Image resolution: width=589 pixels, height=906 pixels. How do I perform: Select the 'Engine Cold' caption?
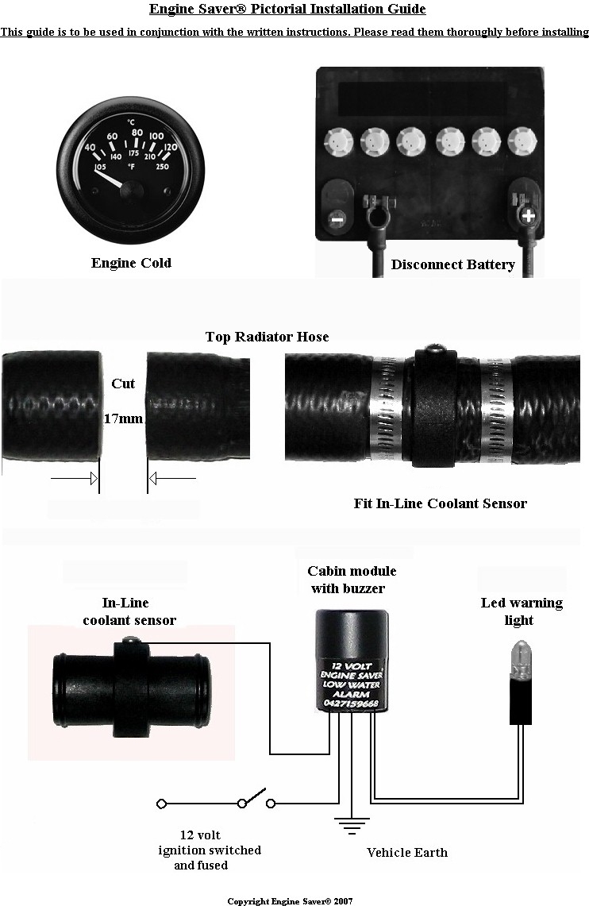131,263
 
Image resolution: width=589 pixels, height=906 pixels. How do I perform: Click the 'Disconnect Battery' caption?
452,264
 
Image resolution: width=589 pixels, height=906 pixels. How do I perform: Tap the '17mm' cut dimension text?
123,418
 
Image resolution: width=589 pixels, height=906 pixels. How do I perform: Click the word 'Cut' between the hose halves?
123,384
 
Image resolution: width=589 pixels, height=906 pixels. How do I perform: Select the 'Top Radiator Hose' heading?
267,337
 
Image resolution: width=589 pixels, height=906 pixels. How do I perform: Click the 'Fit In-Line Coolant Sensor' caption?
440,503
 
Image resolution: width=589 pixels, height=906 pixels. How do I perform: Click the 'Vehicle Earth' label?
406,853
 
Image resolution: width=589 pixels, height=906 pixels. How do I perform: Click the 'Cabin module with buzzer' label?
352,580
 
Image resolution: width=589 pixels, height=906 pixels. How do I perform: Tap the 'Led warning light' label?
522,611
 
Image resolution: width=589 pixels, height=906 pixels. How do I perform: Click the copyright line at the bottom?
290,901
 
